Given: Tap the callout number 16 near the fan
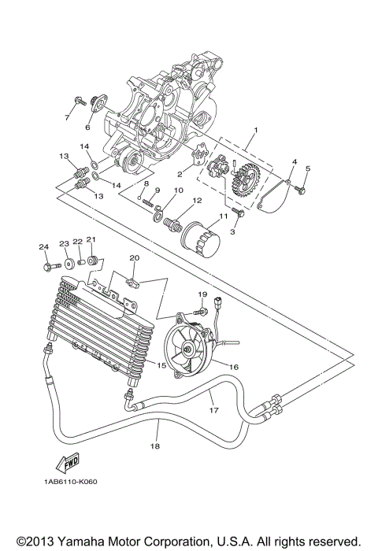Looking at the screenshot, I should [233, 366].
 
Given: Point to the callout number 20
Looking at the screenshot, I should [134, 257].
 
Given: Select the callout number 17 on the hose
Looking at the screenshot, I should [213, 410].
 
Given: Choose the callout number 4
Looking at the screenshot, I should [293, 162].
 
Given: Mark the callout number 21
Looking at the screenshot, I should [91, 240].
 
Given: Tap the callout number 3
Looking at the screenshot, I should [233, 234].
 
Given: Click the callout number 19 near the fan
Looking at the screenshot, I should [202, 295].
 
